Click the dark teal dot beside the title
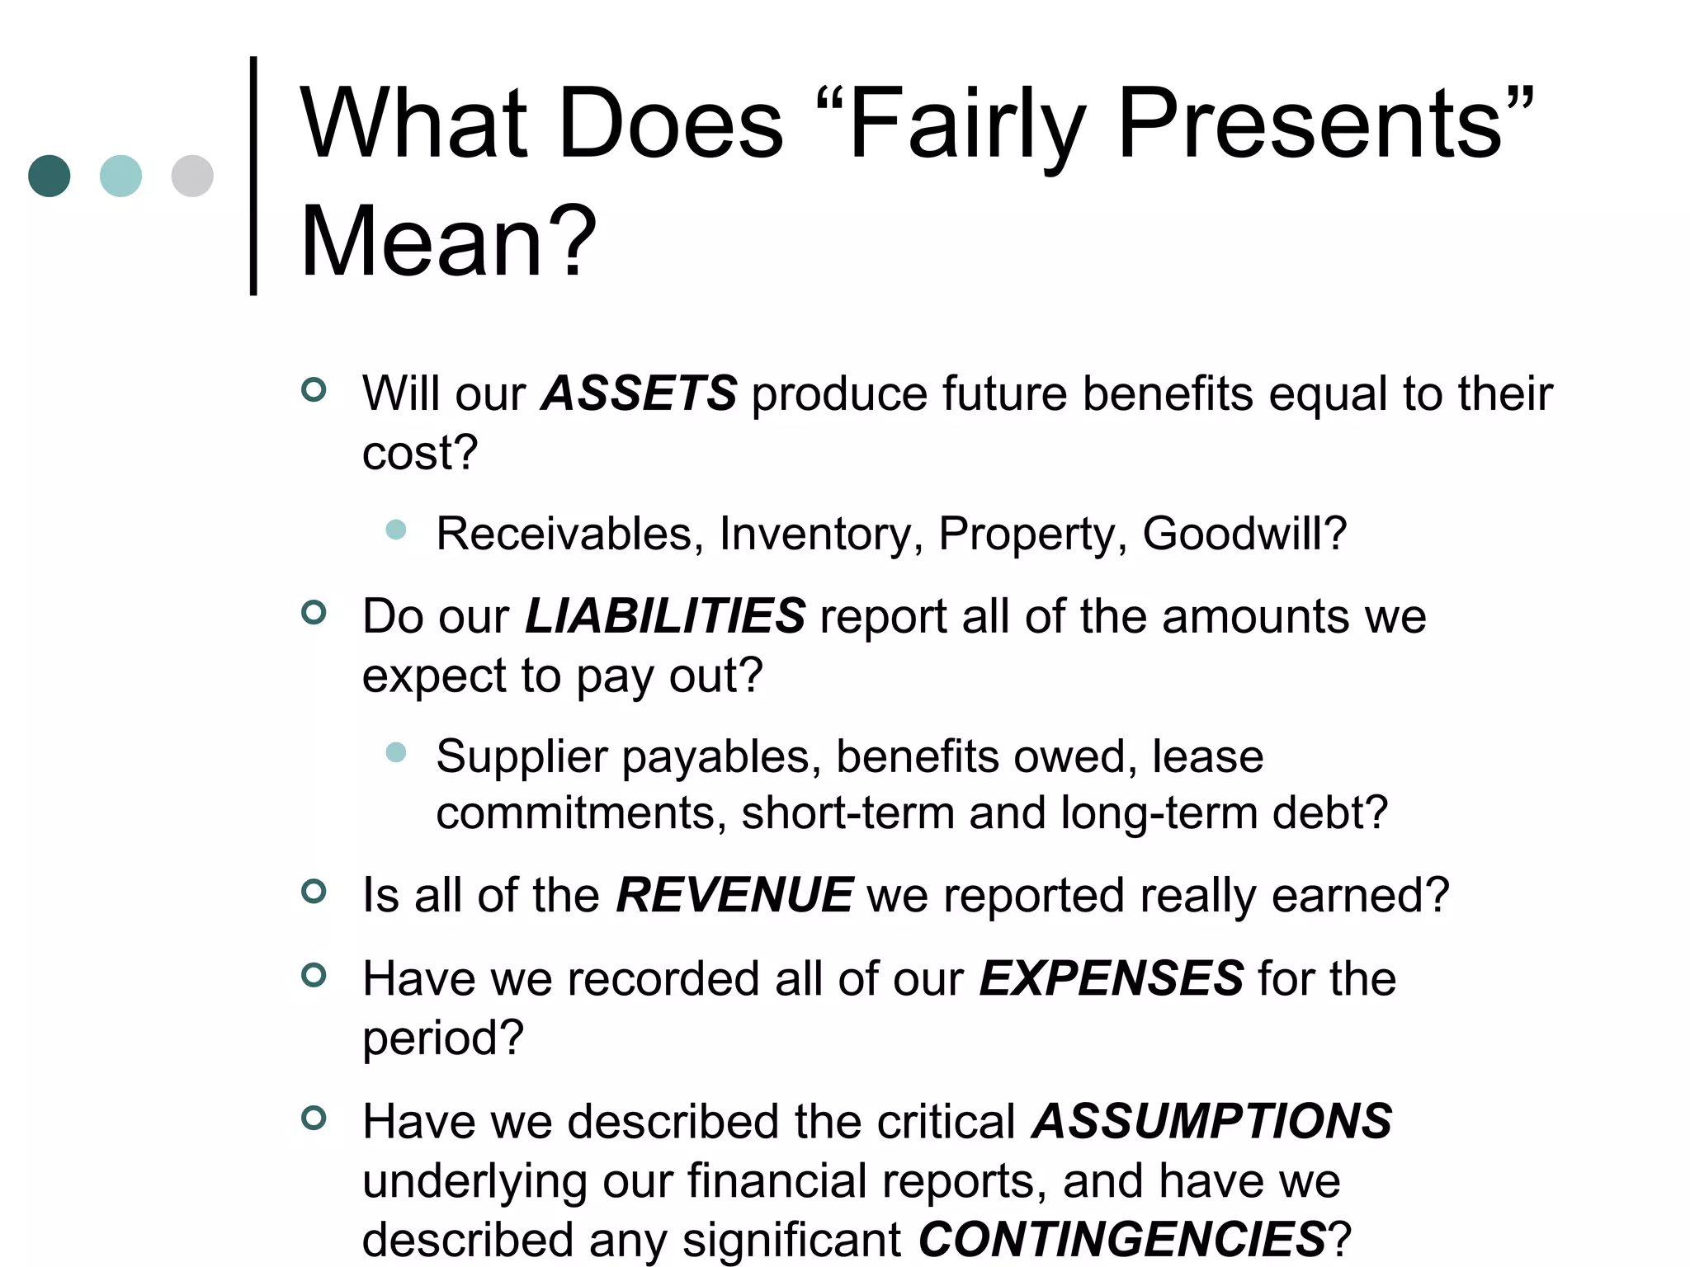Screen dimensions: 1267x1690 [50, 176]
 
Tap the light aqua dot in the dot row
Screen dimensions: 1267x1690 [120, 176]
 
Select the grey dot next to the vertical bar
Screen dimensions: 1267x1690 [192, 176]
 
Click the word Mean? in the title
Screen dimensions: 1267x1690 [448, 241]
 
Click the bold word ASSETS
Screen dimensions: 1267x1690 [639, 393]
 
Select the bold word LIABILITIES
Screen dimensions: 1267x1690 [665, 615]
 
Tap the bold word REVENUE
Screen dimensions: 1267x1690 [734, 895]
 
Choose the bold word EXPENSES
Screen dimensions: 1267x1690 [1112, 978]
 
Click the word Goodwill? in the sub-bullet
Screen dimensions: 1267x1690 [1244, 533]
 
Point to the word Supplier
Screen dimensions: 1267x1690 [522, 757]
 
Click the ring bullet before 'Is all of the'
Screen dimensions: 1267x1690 [314, 891]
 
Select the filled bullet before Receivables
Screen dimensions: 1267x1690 [396, 530]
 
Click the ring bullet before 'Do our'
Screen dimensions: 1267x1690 [314, 612]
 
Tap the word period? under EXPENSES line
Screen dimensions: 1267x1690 [443, 1038]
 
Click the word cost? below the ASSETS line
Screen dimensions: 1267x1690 [420, 452]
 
